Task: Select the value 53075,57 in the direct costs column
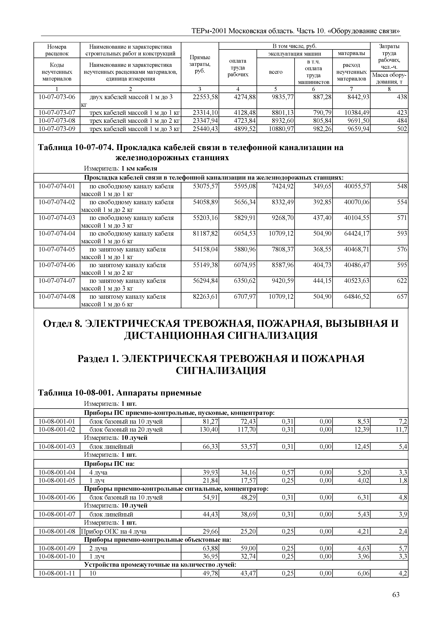(205, 186)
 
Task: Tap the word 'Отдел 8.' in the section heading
(62, 323)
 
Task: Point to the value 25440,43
(205, 128)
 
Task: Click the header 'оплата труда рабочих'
(238, 68)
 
